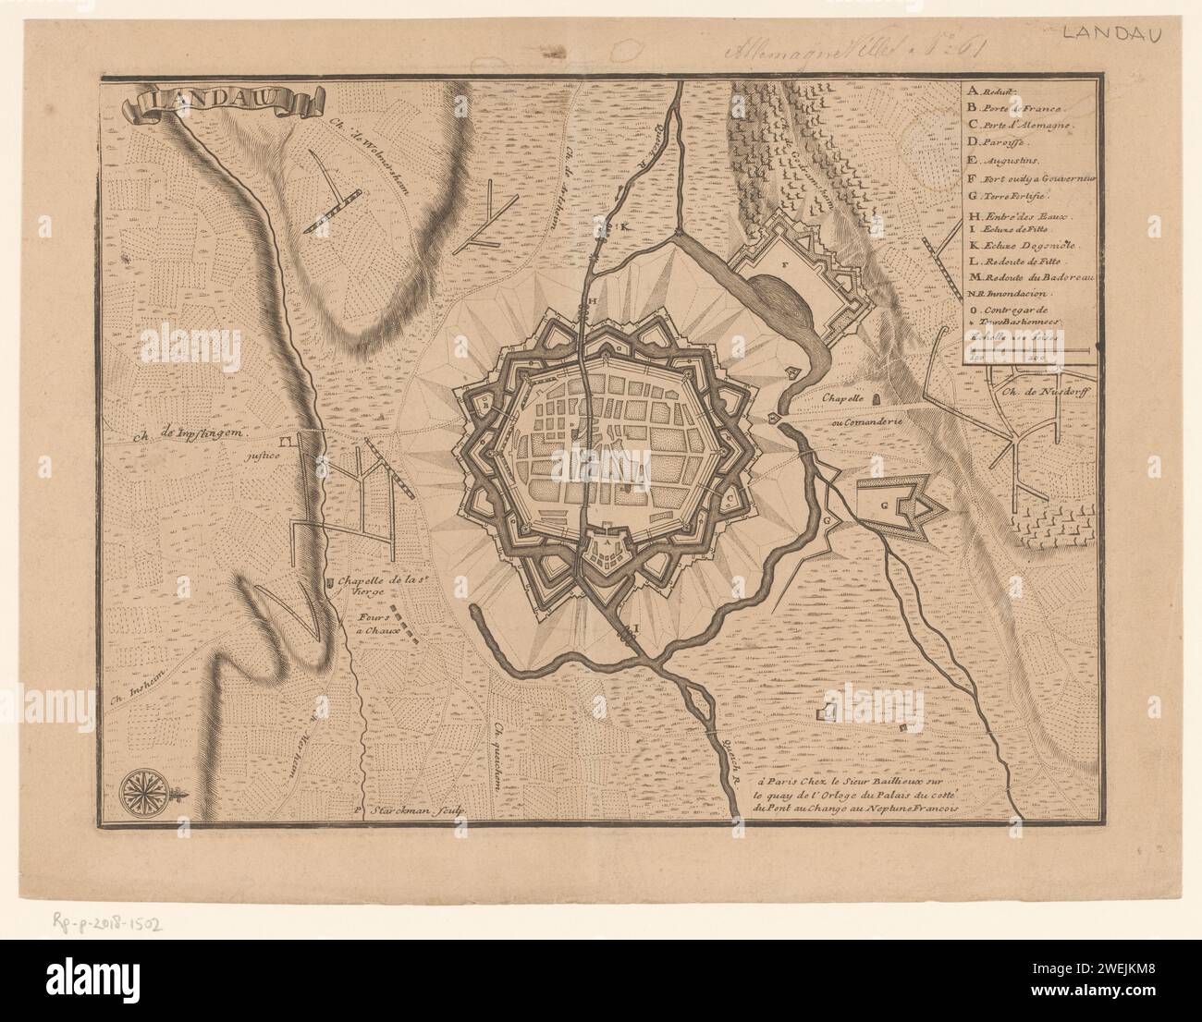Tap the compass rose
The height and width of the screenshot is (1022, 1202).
point(143,787)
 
